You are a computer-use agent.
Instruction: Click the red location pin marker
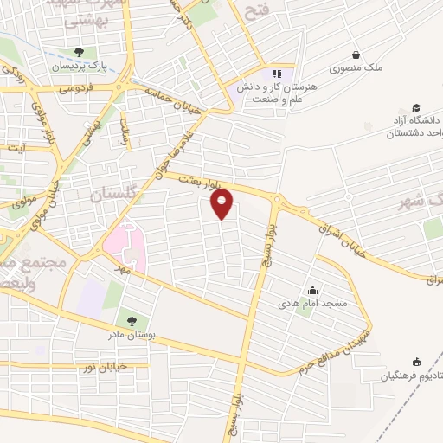[x=223, y=204]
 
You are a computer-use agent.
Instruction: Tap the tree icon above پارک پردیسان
[x=80, y=52]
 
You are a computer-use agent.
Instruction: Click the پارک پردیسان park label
[x=80, y=66]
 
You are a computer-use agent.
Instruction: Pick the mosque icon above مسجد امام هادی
[x=312, y=291]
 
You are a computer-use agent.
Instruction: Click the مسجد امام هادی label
[x=312, y=305]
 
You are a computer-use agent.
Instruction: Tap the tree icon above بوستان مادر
[x=132, y=320]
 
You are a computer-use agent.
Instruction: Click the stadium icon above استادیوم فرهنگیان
[x=416, y=362]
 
